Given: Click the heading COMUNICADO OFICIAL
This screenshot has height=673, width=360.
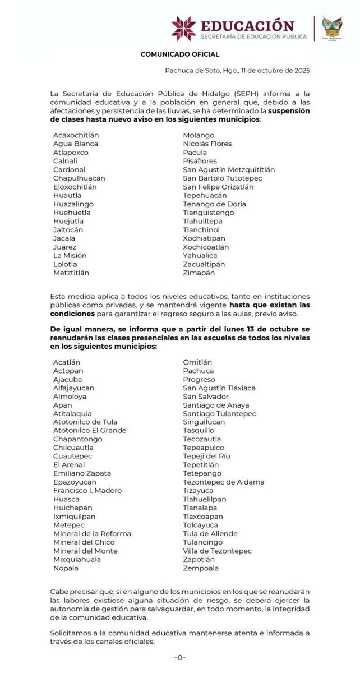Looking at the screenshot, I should [179, 54].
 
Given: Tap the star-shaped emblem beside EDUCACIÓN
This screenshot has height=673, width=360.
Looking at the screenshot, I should [183, 29].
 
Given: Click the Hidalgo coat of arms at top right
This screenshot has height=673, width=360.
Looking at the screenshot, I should [332, 28].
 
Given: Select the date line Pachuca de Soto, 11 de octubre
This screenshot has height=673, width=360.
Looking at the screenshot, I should [237, 71].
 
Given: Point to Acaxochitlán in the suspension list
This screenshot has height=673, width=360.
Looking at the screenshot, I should [76, 135].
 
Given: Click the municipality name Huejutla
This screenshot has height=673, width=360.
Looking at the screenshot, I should [69, 221].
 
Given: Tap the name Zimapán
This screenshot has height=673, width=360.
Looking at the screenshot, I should [199, 273].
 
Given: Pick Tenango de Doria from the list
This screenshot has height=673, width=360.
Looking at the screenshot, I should [214, 204].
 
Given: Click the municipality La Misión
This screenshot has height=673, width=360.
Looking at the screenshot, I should [70, 255].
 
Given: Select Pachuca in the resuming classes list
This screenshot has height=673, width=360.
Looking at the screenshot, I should [198, 371].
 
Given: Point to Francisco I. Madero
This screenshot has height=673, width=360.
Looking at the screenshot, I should [87, 491].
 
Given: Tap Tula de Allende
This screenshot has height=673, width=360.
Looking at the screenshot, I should [210, 533].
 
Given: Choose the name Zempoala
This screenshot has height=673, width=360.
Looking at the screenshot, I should [200, 568].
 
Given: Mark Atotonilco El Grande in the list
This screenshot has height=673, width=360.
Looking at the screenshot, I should [90, 431].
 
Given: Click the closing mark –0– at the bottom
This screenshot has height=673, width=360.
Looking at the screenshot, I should [180, 657].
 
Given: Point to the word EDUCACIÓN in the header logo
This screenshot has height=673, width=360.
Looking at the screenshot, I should [247, 25].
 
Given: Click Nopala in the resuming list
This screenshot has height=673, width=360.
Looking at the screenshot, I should [66, 568].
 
